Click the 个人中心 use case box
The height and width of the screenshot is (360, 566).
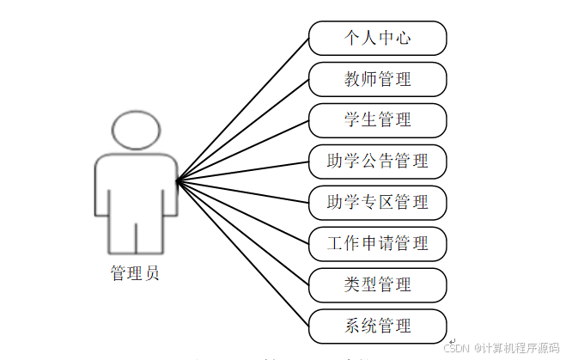pyautogui.click(x=378, y=39)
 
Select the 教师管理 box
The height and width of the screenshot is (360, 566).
pyautogui.click(x=378, y=80)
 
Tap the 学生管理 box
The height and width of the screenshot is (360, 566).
pyautogui.click(x=378, y=120)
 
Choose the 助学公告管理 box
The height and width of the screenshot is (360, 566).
pyautogui.click(x=378, y=161)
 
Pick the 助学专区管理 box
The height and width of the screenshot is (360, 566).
pyautogui.click(x=378, y=203)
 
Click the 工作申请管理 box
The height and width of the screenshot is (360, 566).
pyautogui.click(x=378, y=243)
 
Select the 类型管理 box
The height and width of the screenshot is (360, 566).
pyautogui.click(x=378, y=284)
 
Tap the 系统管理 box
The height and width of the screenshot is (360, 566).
pyautogui.click(x=378, y=326)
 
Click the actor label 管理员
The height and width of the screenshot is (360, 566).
pyautogui.click(x=135, y=274)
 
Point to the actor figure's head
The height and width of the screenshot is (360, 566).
pyautogui.click(x=135, y=131)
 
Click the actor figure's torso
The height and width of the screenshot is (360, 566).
pyautogui.click(x=135, y=185)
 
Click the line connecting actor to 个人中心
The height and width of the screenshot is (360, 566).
pyautogui.click(x=243, y=110)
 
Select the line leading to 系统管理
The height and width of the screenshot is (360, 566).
pyautogui.click(x=243, y=254)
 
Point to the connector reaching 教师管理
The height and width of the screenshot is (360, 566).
pyautogui.click(x=243, y=131)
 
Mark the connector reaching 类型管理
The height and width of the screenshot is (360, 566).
pyautogui.click(x=243, y=234)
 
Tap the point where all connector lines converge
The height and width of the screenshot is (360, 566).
pyautogui.click(x=177, y=181)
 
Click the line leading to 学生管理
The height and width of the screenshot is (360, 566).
pyautogui.click(x=243, y=151)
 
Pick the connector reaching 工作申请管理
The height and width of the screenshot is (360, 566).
pyautogui.click(x=243, y=212)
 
